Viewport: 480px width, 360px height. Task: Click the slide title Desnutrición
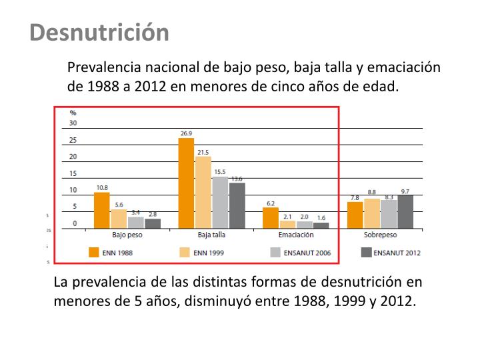pos(99,32)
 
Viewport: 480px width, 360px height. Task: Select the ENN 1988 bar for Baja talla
pos(186,183)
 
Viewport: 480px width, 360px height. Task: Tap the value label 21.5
pos(203,152)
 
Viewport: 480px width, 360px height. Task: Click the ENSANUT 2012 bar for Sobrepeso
pos(405,211)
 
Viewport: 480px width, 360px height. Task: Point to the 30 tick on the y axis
pos(73,123)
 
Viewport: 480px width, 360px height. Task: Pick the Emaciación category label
pos(296,235)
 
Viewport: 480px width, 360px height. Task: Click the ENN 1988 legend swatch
pos(94,253)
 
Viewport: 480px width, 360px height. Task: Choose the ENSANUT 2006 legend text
pos(307,253)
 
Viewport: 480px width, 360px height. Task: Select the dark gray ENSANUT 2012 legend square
pos(366,253)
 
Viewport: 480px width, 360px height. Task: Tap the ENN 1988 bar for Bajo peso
pos(101,210)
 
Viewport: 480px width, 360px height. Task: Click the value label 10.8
pos(102,187)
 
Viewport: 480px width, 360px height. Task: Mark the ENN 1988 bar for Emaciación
pos(271,218)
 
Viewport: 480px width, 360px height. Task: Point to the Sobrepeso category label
pos(380,235)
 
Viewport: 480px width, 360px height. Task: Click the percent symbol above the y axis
pos(73,113)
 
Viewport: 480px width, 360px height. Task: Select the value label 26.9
pos(186,133)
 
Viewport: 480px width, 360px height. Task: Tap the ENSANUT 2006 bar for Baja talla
pos(220,203)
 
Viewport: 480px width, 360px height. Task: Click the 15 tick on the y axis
pos(73,173)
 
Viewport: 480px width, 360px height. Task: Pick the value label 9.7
pos(405,191)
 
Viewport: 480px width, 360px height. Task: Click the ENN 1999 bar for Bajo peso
pos(119,219)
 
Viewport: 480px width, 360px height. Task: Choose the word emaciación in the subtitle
pos(404,67)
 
